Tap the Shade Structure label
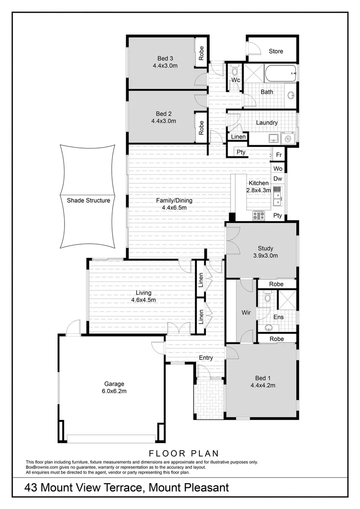point(88,200)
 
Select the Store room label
point(276,51)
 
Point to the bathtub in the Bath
point(280,74)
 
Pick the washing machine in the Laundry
point(287,139)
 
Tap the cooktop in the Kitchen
point(259,215)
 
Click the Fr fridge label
point(278,155)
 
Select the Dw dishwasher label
point(278,179)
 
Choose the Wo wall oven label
point(278,168)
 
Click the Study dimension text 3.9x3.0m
point(265,256)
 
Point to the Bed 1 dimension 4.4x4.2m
point(262,385)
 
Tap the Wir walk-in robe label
point(246,312)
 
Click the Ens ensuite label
point(278,317)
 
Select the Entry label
point(206,358)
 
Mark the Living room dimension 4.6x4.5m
point(143,300)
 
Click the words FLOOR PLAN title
point(184,454)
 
